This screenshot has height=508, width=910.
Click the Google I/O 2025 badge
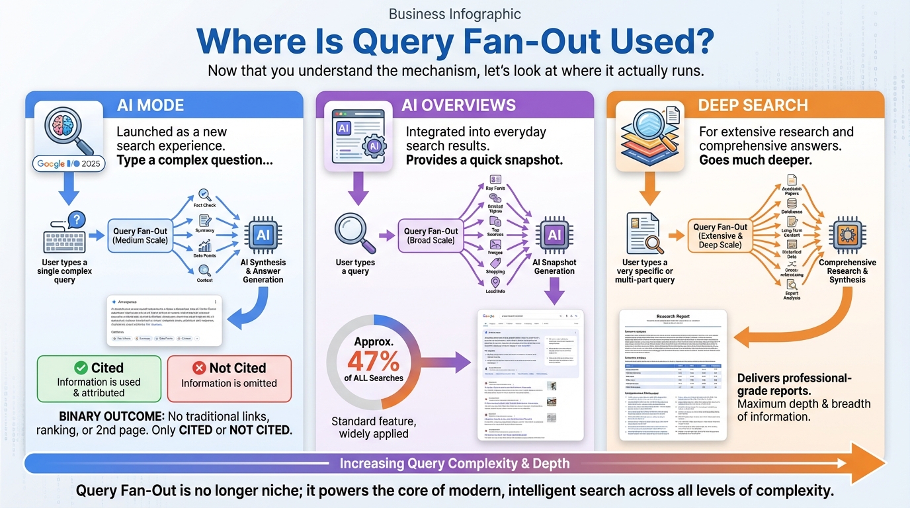click(x=69, y=163)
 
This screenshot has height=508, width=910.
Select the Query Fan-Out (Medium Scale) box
click(x=140, y=235)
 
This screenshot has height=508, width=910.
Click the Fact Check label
click(x=204, y=205)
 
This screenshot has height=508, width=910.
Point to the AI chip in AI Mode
click(x=263, y=235)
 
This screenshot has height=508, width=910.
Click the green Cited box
click(x=99, y=379)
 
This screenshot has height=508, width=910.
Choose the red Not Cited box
click(x=229, y=379)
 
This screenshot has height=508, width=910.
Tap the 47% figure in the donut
click(x=374, y=360)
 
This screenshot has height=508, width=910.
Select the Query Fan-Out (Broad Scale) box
click(x=431, y=235)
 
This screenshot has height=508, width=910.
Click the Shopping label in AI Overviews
click(x=495, y=271)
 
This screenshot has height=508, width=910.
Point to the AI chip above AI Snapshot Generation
click(x=554, y=235)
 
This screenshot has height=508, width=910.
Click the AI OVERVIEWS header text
click(x=458, y=105)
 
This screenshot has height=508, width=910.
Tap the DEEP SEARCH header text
click(x=753, y=105)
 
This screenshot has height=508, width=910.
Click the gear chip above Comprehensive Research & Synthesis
click(x=847, y=235)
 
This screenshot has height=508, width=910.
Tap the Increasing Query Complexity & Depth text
click(x=454, y=463)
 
